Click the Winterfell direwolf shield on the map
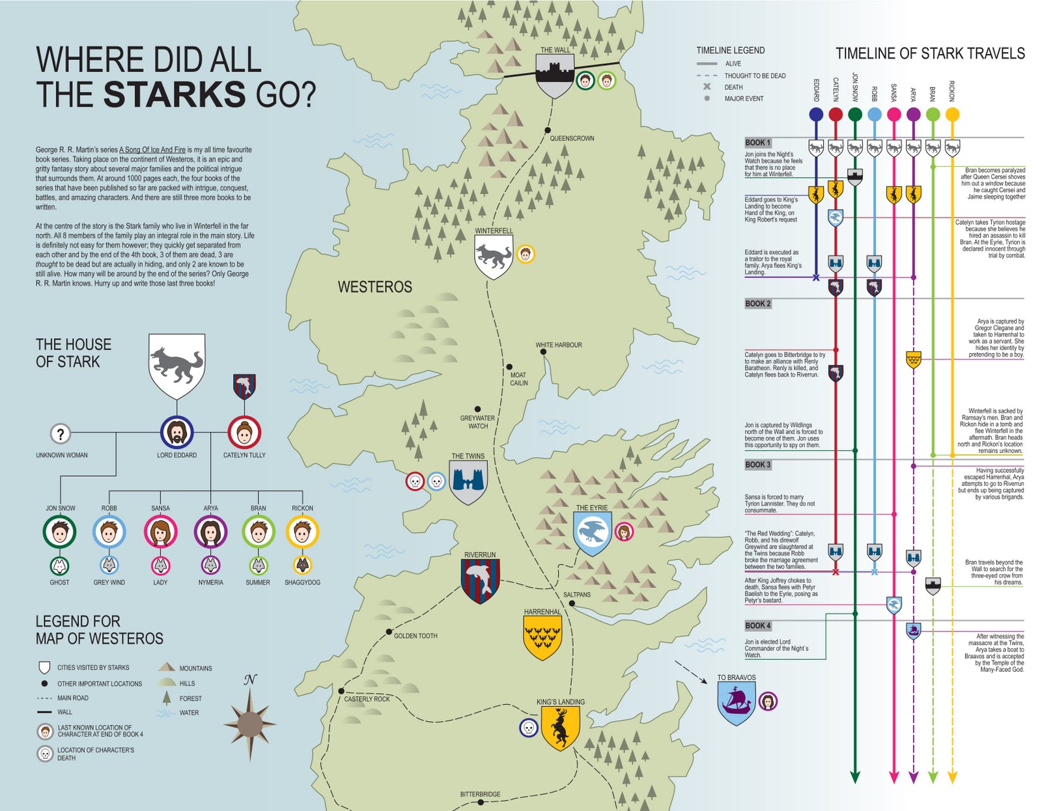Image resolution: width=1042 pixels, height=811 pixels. click(x=493, y=257)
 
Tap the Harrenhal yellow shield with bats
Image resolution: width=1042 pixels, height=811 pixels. click(x=542, y=638)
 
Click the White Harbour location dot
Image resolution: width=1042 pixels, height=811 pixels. click(x=543, y=352)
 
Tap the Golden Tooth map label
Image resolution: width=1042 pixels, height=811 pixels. click(x=415, y=636)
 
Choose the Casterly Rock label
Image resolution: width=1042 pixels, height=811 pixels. click(x=367, y=699)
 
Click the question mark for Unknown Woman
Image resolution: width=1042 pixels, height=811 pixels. click(x=61, y=433)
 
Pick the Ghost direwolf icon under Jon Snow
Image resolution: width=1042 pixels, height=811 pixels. click(x=59, y=565)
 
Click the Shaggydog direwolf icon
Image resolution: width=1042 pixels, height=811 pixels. click(x=302, y=565)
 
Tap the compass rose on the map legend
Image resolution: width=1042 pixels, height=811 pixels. click(x=250, y=723)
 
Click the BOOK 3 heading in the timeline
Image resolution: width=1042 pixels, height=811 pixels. click(x=757, y=464)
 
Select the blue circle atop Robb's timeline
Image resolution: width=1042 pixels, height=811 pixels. click(x=875, y=115)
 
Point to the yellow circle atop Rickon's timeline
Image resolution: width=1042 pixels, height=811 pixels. click(x=952, y=115)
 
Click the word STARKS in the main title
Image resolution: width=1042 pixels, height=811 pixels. click(x=175, y=95)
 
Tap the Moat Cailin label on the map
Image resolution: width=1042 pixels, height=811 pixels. click(x=518, y=379)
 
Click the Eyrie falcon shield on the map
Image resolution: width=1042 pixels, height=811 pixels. click(x=592, y=533)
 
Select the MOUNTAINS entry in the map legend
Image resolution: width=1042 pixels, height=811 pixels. click(x=195, y=668)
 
